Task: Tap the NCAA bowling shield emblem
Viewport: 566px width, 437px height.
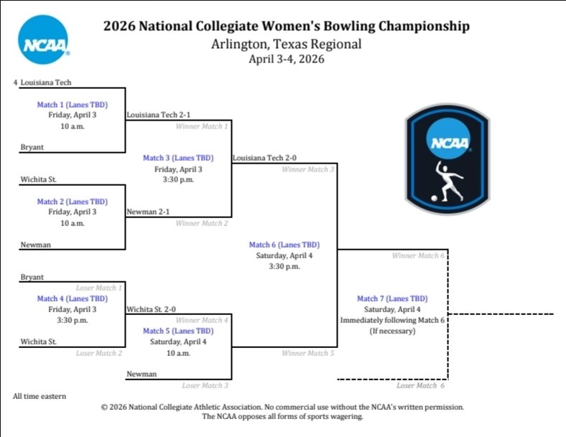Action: pos(447,157)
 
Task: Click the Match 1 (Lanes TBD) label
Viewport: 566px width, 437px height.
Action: pos(72,104)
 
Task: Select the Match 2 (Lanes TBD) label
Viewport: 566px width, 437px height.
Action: pos(72,202)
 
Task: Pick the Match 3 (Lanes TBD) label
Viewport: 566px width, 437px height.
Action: pos(178,158)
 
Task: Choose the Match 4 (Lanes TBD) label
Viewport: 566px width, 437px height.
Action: pos(72,299)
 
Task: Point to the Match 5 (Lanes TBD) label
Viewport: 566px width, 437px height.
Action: pos(178,331)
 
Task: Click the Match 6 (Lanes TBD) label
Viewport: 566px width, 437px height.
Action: pos(284,245)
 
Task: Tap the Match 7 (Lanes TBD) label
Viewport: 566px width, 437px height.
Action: pos(392,299)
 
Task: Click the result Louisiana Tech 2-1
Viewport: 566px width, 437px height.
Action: pos(158,115)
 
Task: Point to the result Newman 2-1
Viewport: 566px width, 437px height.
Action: pos(148,212)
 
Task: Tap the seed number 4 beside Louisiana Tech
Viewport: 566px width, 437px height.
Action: pos(15,83)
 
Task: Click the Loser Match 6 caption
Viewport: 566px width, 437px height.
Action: pos(420,386)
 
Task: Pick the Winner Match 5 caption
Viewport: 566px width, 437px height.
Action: pos(308,353)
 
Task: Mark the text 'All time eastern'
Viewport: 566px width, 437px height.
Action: pos(40,396)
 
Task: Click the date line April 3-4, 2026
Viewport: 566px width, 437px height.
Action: pos(287,60)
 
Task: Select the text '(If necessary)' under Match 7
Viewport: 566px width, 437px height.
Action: pos(392,331)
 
